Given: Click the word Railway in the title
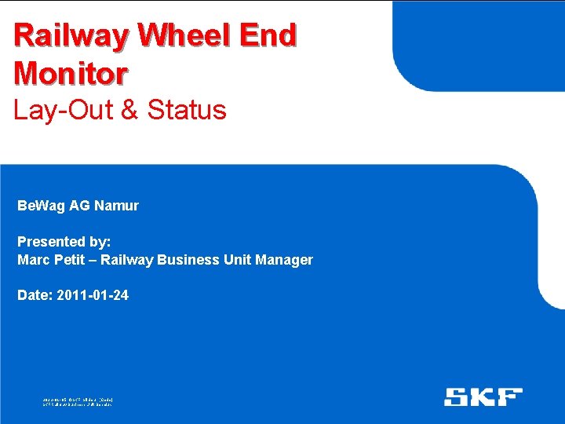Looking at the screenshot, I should [70, 36].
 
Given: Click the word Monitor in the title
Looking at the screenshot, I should [71, 73].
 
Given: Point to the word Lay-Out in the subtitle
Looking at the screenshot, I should [62, 110].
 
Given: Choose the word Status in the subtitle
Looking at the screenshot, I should [187, 110].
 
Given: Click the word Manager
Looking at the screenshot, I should [286, 260].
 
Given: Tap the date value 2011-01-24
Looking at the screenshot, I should [93, 296].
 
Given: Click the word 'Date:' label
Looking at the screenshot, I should [35, 296].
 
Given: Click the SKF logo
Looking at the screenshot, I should [483, 397].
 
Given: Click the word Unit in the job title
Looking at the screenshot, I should [237, 260].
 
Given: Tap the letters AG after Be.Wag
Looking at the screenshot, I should [79, 206].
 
